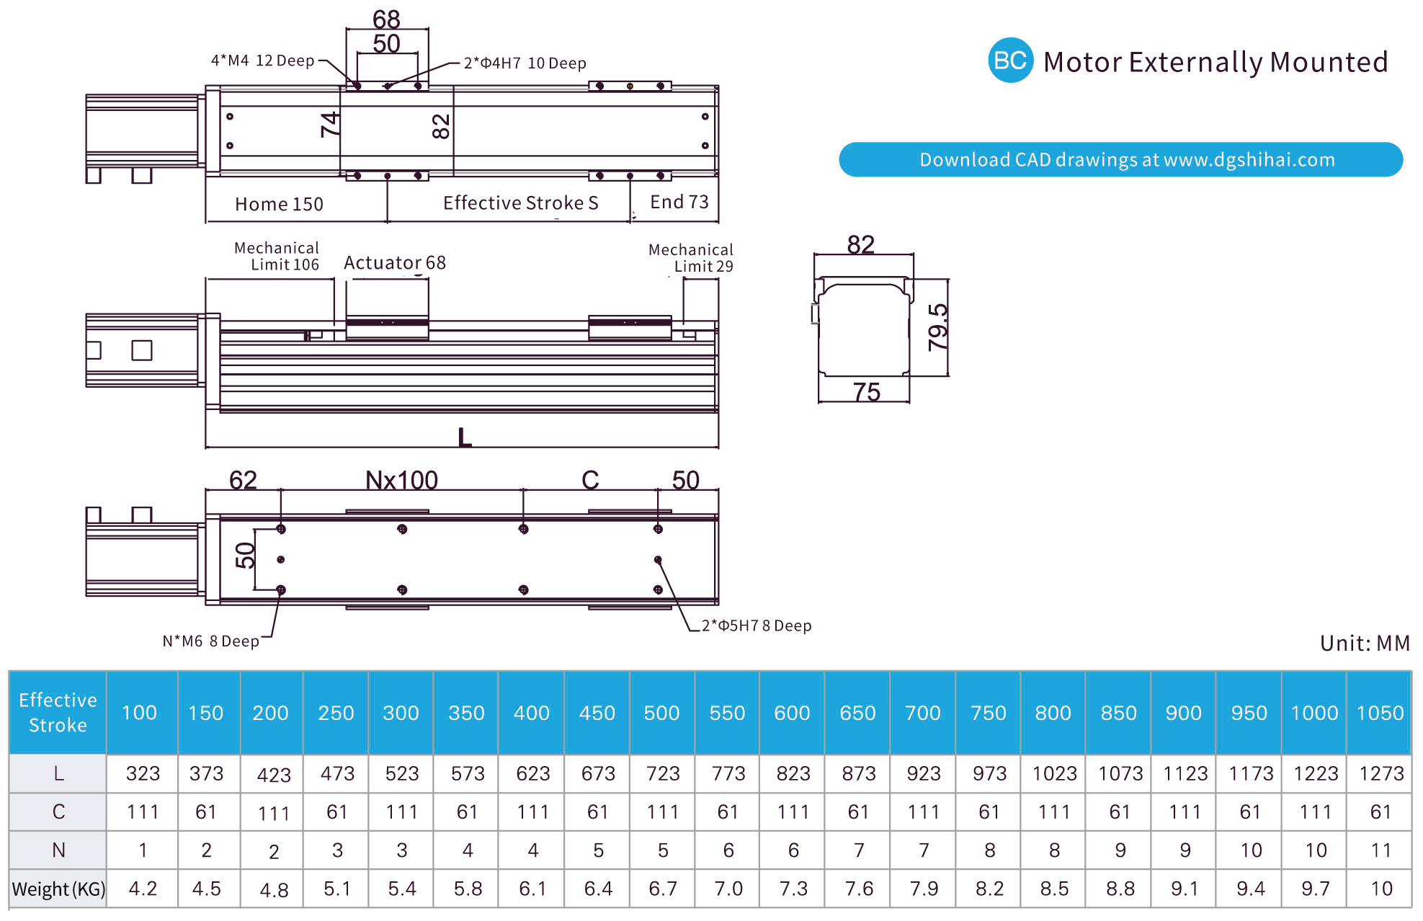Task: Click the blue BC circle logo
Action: (1009, 61)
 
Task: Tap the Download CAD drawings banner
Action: (1120, 159)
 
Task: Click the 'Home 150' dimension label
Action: (279, 205)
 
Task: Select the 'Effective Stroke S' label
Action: (520, 203)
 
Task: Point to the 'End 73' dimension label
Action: (679, 203)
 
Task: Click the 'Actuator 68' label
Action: (394, 263)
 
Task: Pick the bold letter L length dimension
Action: (465, 437)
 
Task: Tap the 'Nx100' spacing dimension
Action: (401, 480)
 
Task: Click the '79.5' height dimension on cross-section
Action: (938, 327)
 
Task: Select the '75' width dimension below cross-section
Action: (866, 392)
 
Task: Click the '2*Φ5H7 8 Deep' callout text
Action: (757, 626)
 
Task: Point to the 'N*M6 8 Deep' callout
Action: (210, 641)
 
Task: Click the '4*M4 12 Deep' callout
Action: (262, 61)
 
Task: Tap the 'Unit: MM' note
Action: (1365, 643)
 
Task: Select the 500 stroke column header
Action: (661, 713)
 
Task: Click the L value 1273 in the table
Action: (1380, 774)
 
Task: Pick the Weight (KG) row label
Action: (58, 889)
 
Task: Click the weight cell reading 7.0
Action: (728, 889)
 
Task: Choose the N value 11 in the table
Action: (1380, 851)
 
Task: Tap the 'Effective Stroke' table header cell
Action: (58, 712)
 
